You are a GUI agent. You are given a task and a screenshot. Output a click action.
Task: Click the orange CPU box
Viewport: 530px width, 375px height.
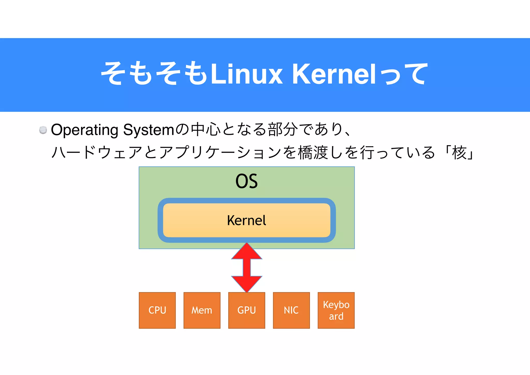pos(157,310)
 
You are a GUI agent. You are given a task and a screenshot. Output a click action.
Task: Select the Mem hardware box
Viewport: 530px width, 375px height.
pos(202,310)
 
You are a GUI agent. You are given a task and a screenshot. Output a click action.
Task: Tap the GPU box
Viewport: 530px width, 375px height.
pos(247,310)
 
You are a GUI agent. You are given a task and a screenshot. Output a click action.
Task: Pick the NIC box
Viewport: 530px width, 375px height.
pos(291,310)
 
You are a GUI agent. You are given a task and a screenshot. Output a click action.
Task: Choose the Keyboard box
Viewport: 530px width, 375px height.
pos(336,310)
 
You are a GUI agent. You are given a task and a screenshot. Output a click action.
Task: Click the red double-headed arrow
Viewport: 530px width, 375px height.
pos(247,268)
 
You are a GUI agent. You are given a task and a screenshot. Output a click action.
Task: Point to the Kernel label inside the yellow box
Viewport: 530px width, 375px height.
pos(246,221)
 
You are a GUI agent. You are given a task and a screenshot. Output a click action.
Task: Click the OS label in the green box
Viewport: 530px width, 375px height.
pos(246,181)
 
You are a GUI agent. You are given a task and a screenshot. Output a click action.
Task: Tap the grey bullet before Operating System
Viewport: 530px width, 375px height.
pos(43,130)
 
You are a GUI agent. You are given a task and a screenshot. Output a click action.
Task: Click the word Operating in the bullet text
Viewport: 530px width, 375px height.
pos(85,130)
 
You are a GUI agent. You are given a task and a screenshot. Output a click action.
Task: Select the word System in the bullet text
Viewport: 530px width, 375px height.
pos(149,130)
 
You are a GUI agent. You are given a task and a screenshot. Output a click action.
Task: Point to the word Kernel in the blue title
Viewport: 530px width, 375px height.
pos(334,74)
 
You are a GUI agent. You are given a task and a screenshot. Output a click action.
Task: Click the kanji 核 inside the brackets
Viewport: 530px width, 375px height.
pos(459,153)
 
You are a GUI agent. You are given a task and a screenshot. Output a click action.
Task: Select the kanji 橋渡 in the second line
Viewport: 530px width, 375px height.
pos(313,153)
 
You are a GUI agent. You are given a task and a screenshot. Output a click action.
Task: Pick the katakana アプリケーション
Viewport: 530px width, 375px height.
pos(220,153)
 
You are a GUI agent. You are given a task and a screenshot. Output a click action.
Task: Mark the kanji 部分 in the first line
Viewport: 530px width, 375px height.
pos(282,130)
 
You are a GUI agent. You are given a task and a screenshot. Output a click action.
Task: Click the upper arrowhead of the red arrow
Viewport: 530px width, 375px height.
pos(247,251)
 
